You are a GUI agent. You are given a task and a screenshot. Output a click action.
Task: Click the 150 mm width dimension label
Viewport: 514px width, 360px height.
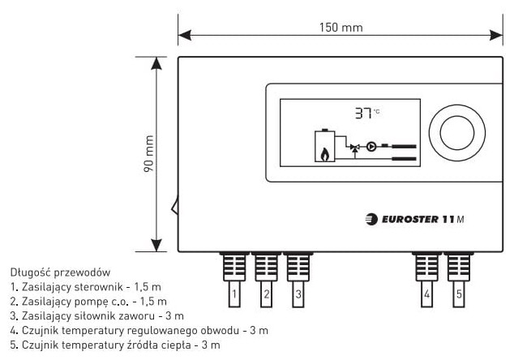(x=341, y=28)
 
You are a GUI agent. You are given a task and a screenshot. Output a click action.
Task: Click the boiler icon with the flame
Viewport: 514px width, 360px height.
(x=325, y=147)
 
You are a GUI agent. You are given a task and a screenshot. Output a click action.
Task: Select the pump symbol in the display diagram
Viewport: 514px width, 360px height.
(x=371, y=147)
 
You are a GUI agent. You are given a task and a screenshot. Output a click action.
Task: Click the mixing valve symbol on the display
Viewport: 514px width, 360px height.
(x=353, y=148)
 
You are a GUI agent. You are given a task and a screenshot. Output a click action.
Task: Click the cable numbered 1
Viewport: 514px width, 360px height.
(x=233, y=293)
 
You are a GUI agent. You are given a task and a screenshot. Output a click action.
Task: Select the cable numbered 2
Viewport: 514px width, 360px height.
(x=265, y=293)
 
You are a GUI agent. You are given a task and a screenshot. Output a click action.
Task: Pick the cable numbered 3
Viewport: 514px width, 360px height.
(x=298, y=293)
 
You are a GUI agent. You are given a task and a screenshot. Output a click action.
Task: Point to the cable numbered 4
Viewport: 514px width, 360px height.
(x=426, y=293)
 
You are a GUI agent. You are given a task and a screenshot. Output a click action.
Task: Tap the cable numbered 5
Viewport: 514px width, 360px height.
(x=458, y=293)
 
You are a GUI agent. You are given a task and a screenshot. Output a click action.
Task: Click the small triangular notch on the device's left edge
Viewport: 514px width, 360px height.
(x=175, y=208)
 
